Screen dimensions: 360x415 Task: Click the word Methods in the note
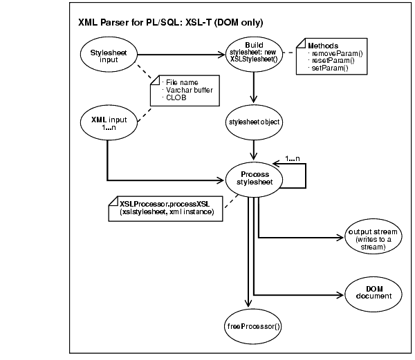323,45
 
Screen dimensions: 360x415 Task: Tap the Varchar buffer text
186,91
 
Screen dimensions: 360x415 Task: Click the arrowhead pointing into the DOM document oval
338,292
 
